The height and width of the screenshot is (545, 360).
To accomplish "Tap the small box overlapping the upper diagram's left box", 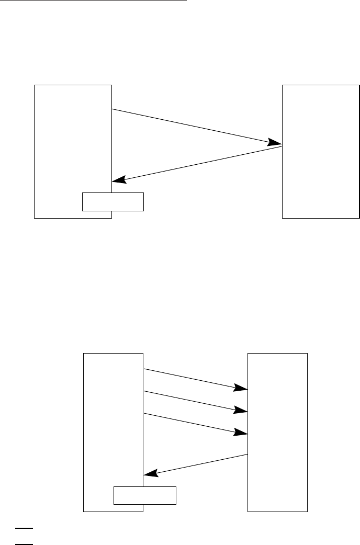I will [x=113, y=202].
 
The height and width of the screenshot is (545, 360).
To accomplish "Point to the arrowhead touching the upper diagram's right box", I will [x=275, y=142].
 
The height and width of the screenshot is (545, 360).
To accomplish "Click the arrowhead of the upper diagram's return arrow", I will [x=120, y=179].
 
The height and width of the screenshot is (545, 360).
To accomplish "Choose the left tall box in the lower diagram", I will [x=113, y=418].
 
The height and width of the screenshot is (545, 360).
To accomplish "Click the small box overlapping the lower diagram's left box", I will [x=145, y=495].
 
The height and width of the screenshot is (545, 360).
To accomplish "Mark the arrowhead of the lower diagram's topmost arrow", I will [x=241, y=388].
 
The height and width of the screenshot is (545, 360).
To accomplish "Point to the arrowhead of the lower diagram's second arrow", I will [x=241, y=410].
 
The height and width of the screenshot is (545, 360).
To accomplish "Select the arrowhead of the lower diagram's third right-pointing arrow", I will [x=241, y=433].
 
